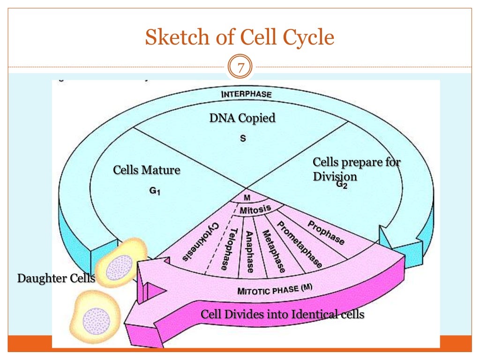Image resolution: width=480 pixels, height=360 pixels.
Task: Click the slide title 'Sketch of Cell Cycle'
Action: (x=240, y=37)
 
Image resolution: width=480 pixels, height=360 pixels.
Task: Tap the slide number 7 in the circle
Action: (x=240, y=68)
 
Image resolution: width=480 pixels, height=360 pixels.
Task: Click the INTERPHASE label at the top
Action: (x=246, y=94)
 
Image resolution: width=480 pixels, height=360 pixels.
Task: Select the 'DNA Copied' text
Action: (x=242, y=118)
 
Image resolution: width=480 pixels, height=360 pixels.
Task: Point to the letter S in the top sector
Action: (x=242, y=139)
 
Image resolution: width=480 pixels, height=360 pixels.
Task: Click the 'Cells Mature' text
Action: (x=147, y=170)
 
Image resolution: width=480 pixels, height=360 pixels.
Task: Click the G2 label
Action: (x=342, y=184)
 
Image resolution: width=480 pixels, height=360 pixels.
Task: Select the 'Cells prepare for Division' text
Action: (x=356, y=169)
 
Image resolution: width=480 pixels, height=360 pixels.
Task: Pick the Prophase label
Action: (x=326, y=232)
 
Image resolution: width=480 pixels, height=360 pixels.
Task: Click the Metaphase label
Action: (x=273, y=251)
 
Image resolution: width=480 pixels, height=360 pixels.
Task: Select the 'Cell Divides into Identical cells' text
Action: (x=282, y=314)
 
